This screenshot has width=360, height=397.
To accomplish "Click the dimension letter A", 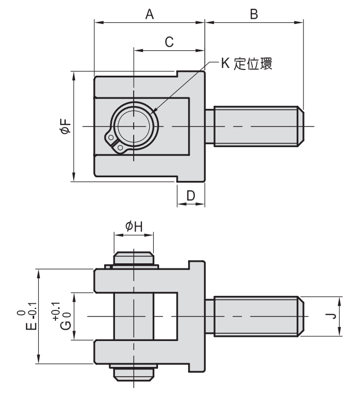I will click(150, 15).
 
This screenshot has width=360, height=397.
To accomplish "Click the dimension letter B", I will click(254, 15).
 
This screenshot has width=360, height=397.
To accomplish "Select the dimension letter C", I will click(169, 42).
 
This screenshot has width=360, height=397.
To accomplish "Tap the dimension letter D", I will click(191, 195).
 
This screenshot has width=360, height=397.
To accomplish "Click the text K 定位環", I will click(246, 65).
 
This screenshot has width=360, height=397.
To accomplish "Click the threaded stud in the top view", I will click(256, 126).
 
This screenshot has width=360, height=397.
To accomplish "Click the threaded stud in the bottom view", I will click(256, 316).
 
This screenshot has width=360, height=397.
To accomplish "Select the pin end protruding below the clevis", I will click(133, 373).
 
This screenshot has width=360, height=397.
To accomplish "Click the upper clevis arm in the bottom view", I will click(140, 280).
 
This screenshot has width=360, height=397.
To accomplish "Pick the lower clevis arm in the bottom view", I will click(140, 352).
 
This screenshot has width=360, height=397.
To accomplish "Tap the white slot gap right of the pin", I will click(166, 316).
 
